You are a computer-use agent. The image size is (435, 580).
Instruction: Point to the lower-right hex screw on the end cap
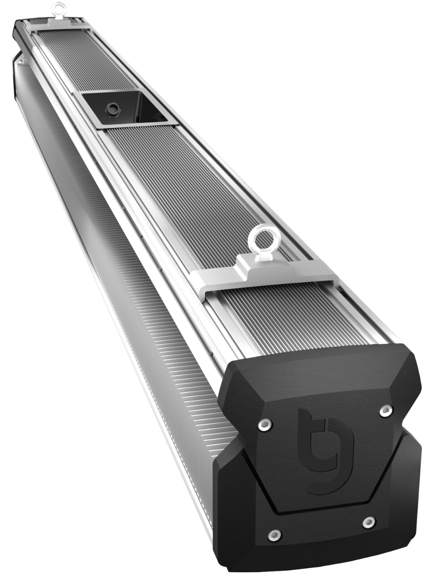(x=368, y=522)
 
